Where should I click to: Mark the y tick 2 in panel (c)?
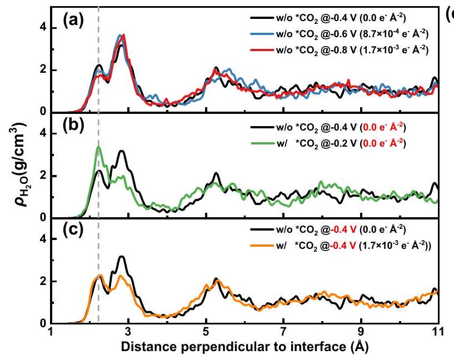pos(43,281)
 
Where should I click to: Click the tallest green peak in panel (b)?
pos(98,147)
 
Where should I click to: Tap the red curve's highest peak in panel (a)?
pos(123,35)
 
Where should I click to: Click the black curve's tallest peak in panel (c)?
pos(122,257)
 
